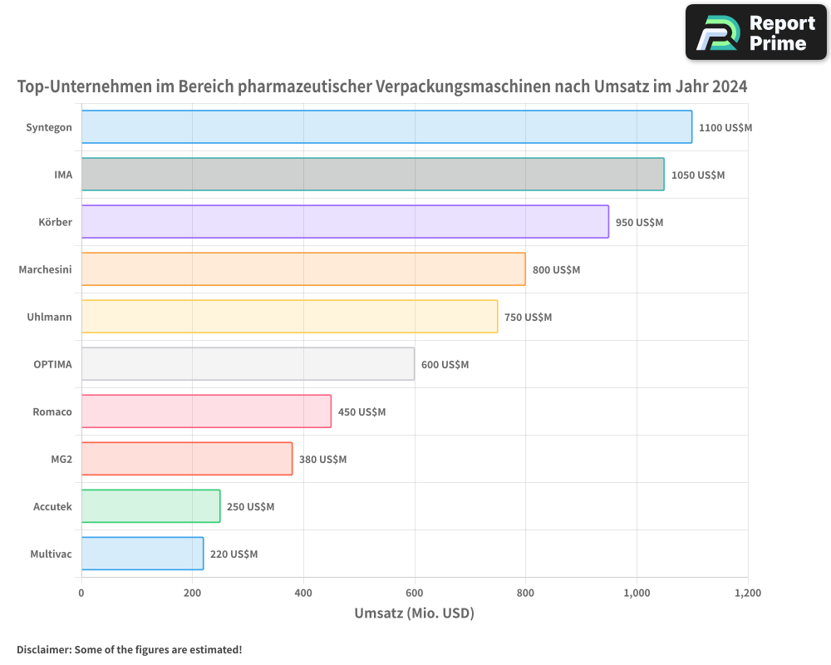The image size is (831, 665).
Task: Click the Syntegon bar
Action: pyautogui.click(x=386, y=127)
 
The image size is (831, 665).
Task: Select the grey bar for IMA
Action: pyautogui.click(x=372, y=175)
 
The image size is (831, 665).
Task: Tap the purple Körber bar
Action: pyautogui.click(x=345, y=222)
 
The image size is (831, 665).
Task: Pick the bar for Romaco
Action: pyautogui.click(x=206, y=411)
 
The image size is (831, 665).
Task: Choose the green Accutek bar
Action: pyautogui.click(x=150, y=506)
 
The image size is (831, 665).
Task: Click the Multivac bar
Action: pyautogui.click(x=142, y=554)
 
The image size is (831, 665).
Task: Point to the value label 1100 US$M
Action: pyautogui.click(x=725, y=128)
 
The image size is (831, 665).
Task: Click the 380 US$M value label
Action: pyautogui.click(x=322, y=460)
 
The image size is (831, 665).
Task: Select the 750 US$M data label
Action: pyautogui.click(x=528, y=318)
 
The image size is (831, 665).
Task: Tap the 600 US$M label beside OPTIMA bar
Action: pyautogui.click(x=445, y=365)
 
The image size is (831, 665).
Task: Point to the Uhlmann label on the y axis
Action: pyautogui.click(x=49, y=317)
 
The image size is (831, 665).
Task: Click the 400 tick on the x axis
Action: pyautogui.click(x=303, y=594)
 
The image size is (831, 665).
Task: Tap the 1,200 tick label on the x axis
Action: pyautogui.click(x=747, y=594)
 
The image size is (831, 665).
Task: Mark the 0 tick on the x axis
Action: pyautogui.click(x=81, y=594)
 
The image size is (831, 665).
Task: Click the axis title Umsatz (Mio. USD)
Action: pyautogui.click(x=414, y=613)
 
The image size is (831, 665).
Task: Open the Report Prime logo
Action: pyautogui.click(x=755, y=32)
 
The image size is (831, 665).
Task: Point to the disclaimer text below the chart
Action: pyautogui.click(x=130, y=649)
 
